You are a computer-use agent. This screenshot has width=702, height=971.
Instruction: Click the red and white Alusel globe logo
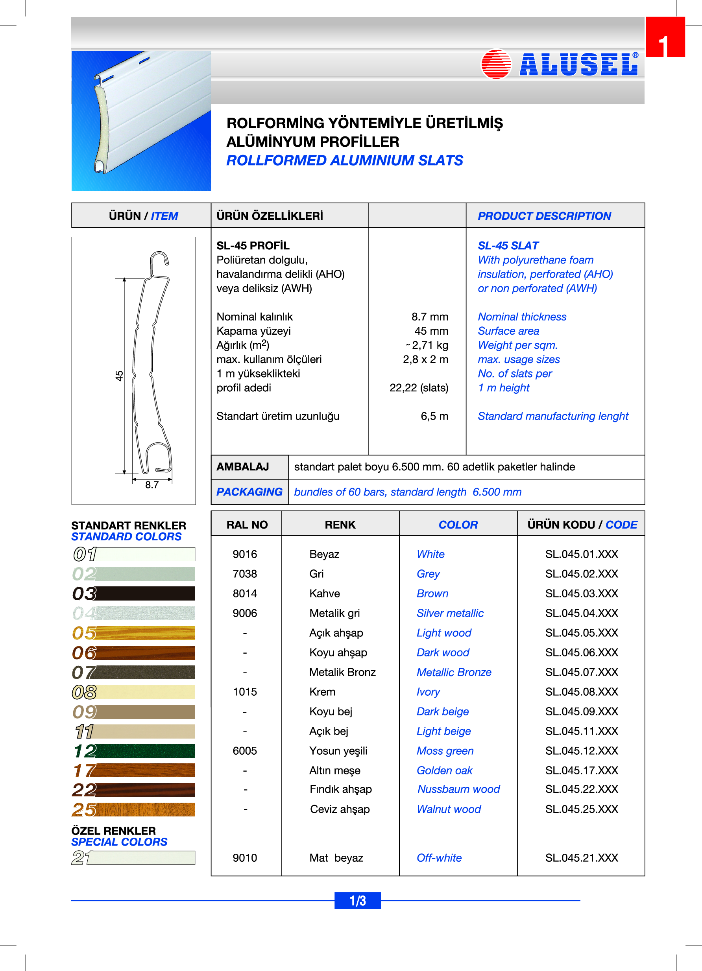click(x=496, y=64)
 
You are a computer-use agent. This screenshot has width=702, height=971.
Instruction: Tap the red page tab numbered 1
click(x=665, y=37)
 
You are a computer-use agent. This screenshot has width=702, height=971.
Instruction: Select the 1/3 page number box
click(x=358, y=900)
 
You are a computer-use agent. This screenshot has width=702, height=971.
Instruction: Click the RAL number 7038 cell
click(x=245, y=574)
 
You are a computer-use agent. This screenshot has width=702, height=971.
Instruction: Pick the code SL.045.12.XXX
click(x=581, y=750)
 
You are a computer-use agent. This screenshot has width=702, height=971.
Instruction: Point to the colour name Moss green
click(x=445, y=750)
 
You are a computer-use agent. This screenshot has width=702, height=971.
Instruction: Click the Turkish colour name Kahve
click(x=324, y=593)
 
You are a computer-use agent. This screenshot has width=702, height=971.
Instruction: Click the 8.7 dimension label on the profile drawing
click(x=151, y=485)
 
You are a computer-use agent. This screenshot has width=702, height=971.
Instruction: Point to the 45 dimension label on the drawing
click(x=119, y=376)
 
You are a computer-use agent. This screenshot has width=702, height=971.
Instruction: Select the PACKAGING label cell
click(x=249, y=492)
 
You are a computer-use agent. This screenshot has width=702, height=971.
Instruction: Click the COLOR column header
click(x=458, y=525)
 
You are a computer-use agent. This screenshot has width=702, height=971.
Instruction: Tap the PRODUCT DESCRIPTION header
click(x=544, y=216)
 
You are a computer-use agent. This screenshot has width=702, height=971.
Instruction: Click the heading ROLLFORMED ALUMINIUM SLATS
click(x=344, y=160)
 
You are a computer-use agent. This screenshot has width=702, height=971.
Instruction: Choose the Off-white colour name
click(x=439, y=858)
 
